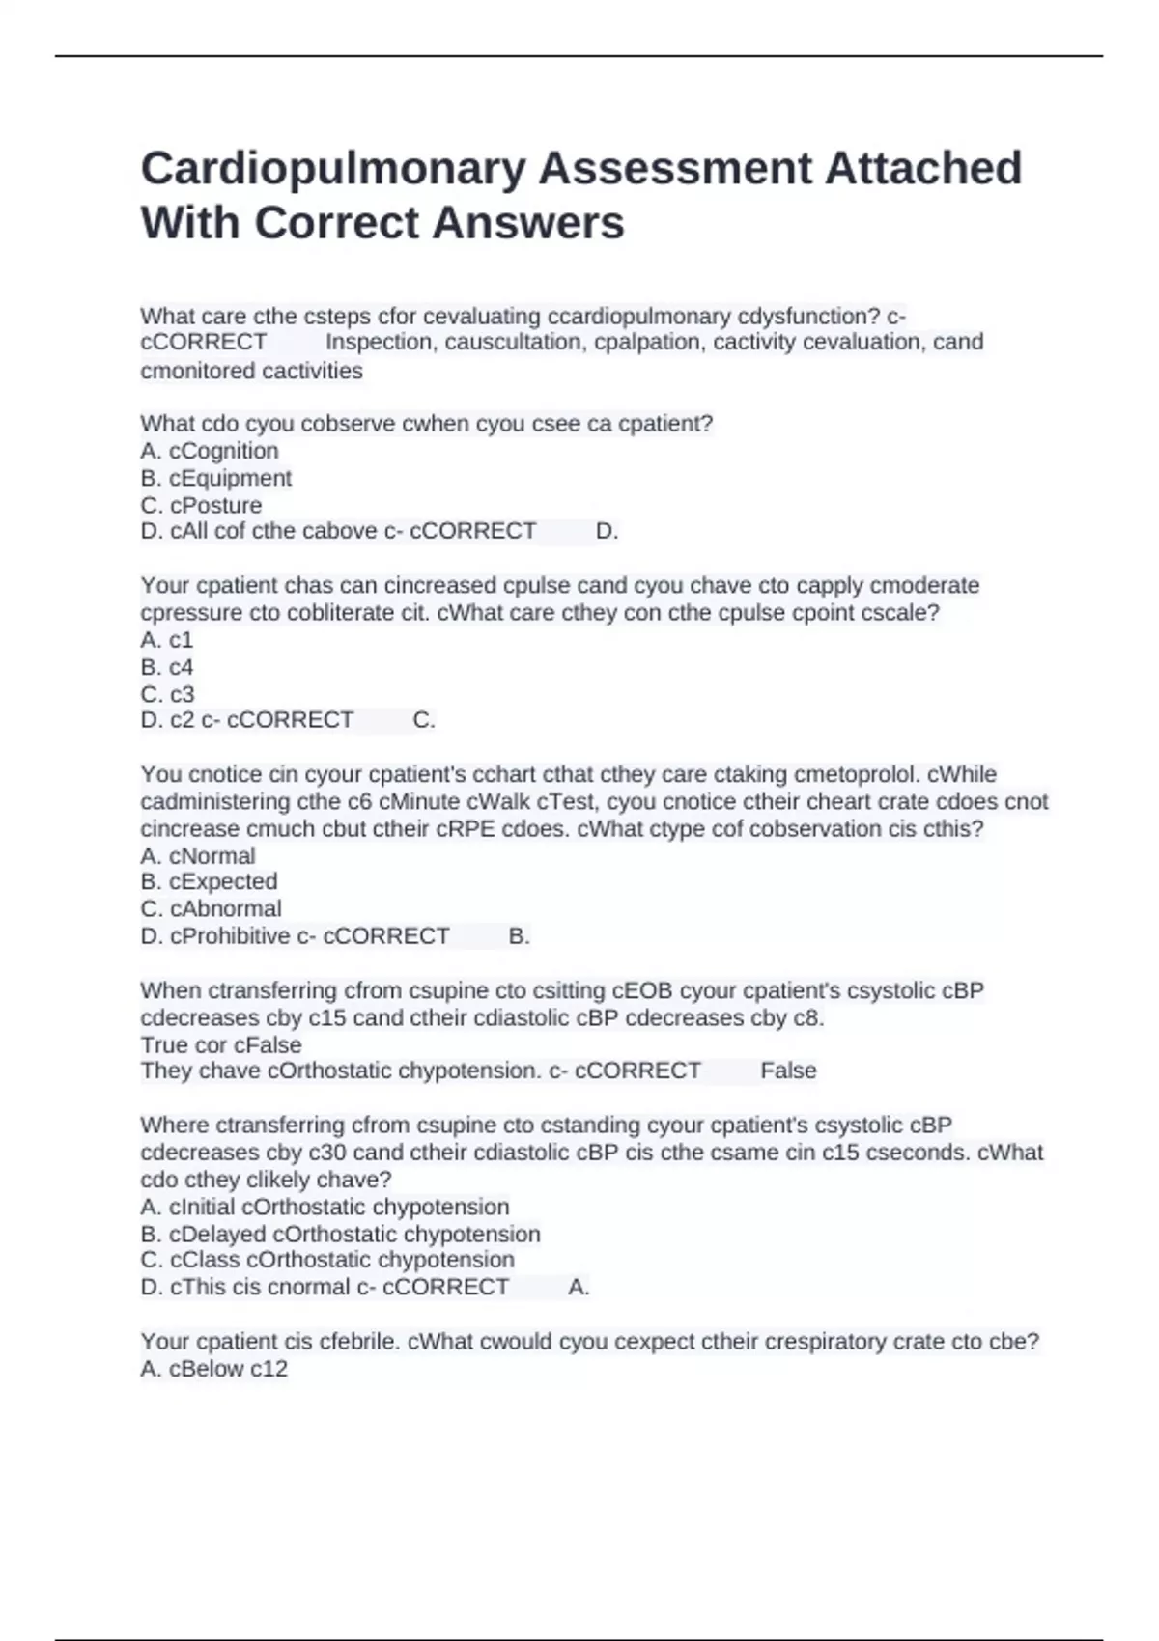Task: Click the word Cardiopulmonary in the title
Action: click(x=333, y=169)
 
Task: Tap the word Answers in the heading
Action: click(x=528, y=223)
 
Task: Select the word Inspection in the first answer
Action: click(x=380, y=343)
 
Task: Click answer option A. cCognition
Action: click(x=210, y=451)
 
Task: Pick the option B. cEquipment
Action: click(x=215, y=478)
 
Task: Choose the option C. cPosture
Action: click(x=201, y=505)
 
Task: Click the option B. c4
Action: click(x=167, y=667)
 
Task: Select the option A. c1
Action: click(x=167, y=640)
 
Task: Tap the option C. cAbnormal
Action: click(x=211, y=908)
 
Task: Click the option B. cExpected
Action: click(x=209, y=881)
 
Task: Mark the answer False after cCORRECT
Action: click(x=788, y=1071)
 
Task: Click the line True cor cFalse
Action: click(x=221, y=1044)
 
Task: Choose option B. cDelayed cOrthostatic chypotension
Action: click(x=340, y=1234)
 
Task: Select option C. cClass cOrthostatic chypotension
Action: click(x=327, y=1260)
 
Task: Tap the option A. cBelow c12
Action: click(x=213, y=1369)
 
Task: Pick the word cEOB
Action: click(x=642, y=990)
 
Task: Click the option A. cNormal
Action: click(x=198, y=855)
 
